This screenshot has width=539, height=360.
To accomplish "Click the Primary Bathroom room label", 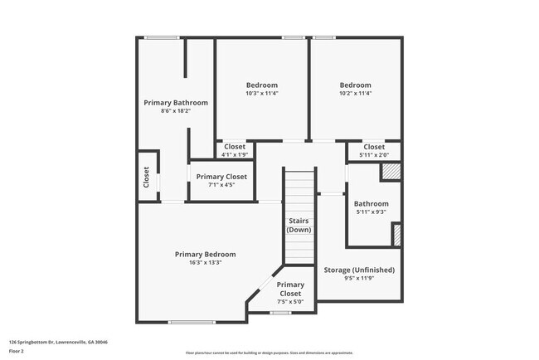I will tap(176, 103).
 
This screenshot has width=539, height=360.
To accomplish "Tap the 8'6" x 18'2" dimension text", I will tap(176, 111).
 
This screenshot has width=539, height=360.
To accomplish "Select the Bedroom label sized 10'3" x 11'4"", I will tap(262, 85).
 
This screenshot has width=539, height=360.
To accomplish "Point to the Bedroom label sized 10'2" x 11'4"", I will tap(356, 85).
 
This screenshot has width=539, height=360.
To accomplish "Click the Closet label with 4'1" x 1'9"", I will tap(235, 147).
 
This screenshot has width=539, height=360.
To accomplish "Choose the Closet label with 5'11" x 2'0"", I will tap(374, 147).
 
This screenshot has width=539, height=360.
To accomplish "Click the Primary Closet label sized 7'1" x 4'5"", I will tap(221, 177).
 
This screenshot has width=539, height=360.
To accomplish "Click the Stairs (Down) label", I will tap(299, 224).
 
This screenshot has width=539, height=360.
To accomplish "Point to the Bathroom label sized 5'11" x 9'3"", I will tap(371, 204).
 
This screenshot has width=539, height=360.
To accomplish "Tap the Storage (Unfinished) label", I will tap(358, 270).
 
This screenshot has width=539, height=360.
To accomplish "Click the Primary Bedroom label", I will tap(205, 254).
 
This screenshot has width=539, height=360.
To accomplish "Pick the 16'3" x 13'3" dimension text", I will tap(205, 262).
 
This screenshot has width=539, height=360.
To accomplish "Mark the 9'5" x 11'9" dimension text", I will tap(358, 278).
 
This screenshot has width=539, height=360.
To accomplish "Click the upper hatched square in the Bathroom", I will tap(391, 172).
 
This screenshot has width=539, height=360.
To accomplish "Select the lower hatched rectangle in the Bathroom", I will tap(396, 235).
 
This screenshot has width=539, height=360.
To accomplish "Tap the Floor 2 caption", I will tap(17, 351).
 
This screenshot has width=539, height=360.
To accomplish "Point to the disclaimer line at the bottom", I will tap(269, 353).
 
